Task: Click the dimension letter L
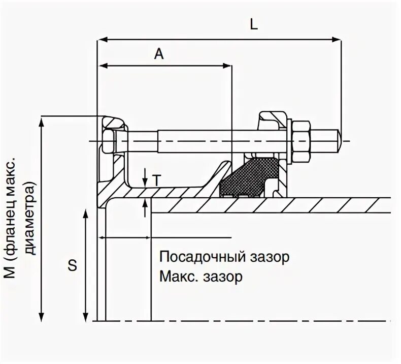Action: [254, 24]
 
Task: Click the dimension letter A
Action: [159, 54]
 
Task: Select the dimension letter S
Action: [73, 265]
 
